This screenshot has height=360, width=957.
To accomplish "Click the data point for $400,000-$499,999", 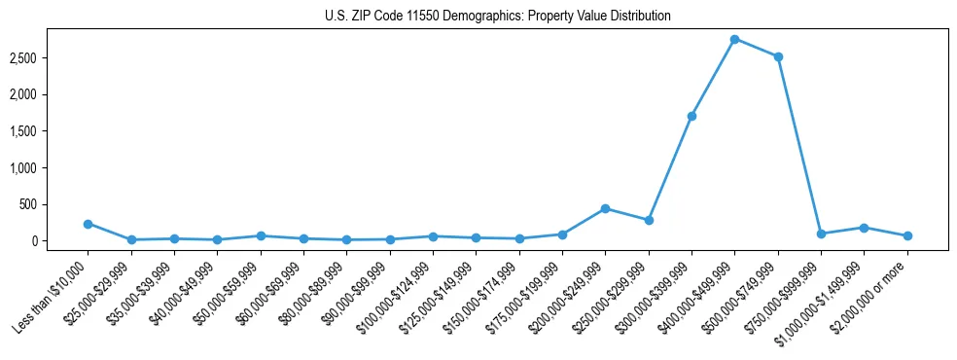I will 734,39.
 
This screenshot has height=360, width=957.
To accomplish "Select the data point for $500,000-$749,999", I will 777,56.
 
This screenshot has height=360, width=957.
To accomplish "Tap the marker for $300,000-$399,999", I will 691,116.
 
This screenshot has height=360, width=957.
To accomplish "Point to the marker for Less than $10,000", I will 89,224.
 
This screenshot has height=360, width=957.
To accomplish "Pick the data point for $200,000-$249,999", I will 605,208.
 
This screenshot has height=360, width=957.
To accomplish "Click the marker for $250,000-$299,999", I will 649,220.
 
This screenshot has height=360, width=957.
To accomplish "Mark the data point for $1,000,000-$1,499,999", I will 864,228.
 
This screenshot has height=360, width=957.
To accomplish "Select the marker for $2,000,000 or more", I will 906,235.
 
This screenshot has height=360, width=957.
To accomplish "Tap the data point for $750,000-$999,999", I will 821,234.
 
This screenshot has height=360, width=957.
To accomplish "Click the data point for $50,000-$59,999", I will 261,235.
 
